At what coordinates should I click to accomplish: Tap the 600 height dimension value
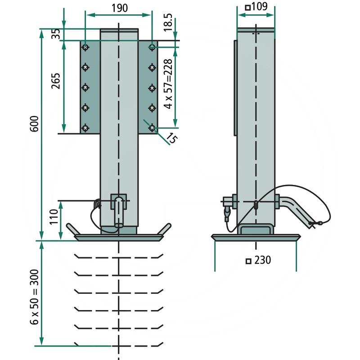pyautogui.click(x=34, y=124)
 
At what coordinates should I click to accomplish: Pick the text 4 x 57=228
pyautogui.click(x=169, y=85)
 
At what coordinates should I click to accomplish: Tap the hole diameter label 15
pyautogui.click(x=171, y=137)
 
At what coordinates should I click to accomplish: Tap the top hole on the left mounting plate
pyautogui.click(x=85, y=47)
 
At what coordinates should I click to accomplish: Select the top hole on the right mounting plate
pyautogui.click(x=153, y=47)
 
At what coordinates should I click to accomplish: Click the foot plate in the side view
pyautogui.click(x=256, y=237)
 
